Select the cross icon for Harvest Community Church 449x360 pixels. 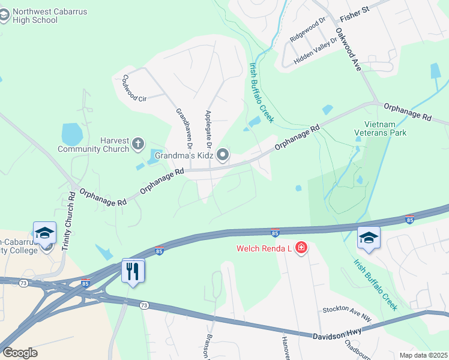pos(138,143)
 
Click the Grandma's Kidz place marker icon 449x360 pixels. pos(223,155)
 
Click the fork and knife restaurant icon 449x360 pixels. pos(132,271)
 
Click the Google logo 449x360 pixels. pos(20,353)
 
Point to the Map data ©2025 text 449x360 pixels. pos(423,355)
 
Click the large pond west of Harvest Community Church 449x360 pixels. pos(72,134)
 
